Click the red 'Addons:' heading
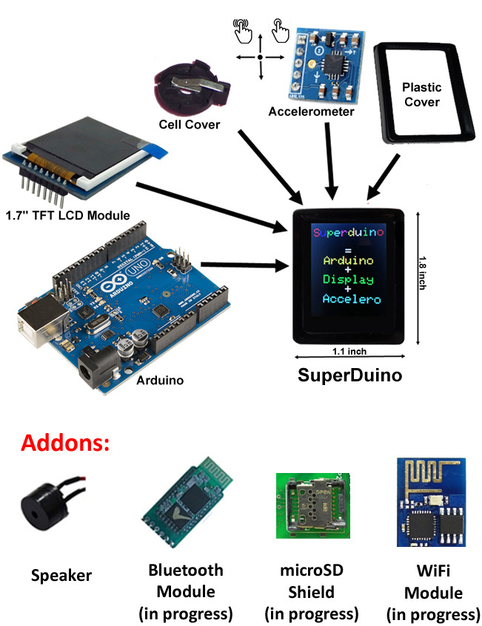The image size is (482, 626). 66,443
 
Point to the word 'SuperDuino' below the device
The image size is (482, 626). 349,375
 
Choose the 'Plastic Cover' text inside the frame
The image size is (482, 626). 421,95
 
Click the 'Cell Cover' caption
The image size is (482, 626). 190,125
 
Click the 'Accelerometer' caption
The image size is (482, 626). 312,112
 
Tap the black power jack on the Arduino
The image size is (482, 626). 94,365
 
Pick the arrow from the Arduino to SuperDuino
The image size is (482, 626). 244,263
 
